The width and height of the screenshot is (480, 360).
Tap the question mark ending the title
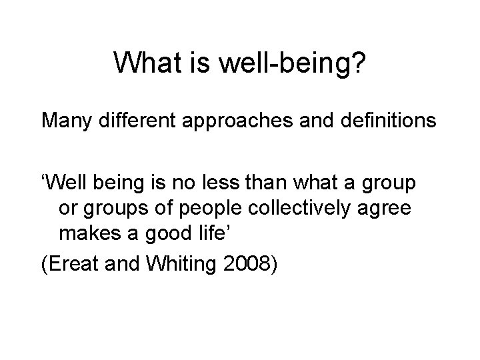(x=357, y=63)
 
